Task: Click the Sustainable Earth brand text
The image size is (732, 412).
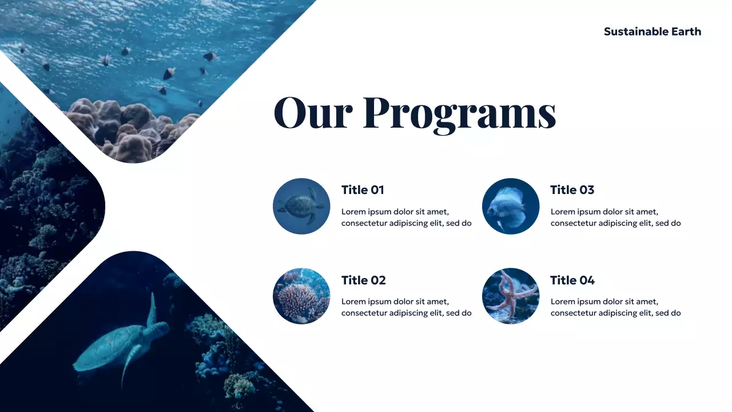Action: [x=652, y=31]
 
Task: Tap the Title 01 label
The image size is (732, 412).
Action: [x=363, y=190]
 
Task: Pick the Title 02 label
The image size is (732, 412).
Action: [x=363, y=280]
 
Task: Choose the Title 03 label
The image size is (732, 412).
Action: [x=572, y=190]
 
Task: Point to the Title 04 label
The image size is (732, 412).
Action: [x=572, y=280]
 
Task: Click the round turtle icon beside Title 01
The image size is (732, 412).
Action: [x=301, y=206]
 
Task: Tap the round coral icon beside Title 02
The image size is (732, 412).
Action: [x=301, y=296]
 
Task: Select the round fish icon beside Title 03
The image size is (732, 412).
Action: [x=510, y=206]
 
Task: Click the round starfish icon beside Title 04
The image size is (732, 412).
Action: [x=510, y=296]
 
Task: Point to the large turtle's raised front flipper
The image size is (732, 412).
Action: [x=152, y=309]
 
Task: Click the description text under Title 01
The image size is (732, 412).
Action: [x=406, y=217]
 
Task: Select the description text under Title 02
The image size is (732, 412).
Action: [x=406, y=307]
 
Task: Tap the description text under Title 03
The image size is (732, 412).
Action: [x=615, y=217]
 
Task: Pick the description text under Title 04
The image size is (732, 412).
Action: [x=615, y=307]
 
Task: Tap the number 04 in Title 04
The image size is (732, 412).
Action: [x=587, y=280]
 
